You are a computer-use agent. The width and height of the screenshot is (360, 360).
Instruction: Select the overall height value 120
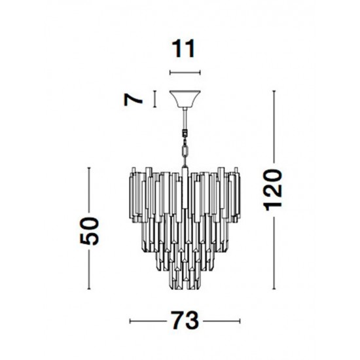[x=274, y=190]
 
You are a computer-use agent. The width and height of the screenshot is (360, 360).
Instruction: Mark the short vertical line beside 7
[x=154, y=99]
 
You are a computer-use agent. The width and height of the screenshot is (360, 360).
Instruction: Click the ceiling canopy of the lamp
[x=185, y=99]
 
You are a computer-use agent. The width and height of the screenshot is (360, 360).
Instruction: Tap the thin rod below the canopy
[x=185, y=121]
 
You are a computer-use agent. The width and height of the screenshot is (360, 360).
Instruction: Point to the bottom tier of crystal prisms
[x=185, y=278]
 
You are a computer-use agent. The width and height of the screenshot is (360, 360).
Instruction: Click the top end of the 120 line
[x=274, y=92]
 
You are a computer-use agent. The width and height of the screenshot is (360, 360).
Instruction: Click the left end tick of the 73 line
[x=130, y=322]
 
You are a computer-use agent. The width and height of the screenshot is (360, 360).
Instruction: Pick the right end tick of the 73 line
[x=240, y=322]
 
